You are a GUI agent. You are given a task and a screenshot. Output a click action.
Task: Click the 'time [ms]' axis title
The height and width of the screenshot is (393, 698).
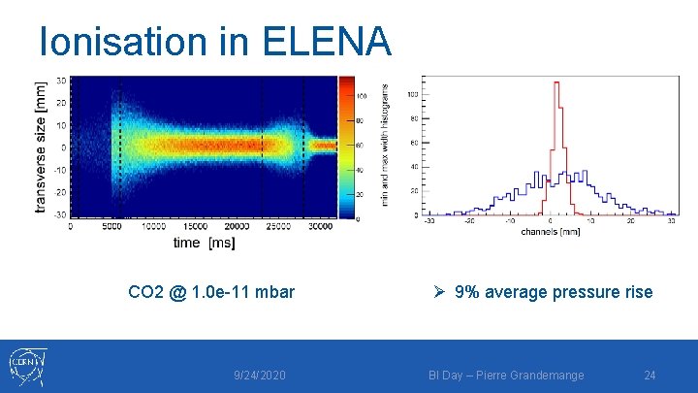coord(204,243)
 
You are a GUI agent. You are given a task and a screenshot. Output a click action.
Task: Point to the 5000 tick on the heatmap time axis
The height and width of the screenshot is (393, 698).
coord(111,227)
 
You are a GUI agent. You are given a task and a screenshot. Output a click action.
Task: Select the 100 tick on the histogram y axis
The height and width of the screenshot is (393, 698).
coord(412,94)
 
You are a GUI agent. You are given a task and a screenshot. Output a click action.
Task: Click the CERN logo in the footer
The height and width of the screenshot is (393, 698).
coord(26,366)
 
